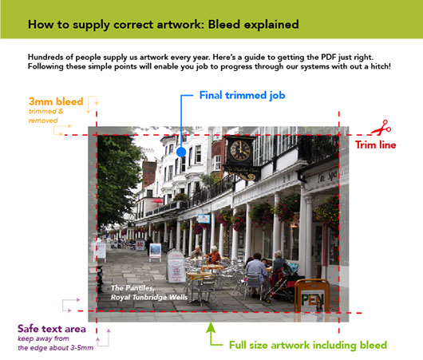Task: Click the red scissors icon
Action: pos(381,128)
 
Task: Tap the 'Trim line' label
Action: pos(376,145)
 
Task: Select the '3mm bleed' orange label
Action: pos(56,101)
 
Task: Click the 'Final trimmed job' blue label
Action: pos(242,95)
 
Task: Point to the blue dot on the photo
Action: pos(181,152)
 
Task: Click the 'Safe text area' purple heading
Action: pos(52,329)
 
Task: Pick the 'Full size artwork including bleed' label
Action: pos(308,345)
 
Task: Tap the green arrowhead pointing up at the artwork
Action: pos(211,327)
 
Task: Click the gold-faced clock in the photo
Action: pos(240,151)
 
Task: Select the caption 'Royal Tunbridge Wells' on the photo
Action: pos(149,297)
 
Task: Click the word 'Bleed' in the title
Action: pos(224,24)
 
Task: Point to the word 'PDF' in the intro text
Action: pos(329,57)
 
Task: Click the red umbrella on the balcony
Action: pos(157,201)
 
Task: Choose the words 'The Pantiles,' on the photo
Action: pos(132,288)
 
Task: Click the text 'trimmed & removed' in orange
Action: pos(45,116)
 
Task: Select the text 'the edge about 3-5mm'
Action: pos(56,348)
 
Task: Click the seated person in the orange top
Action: pos(215,255)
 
